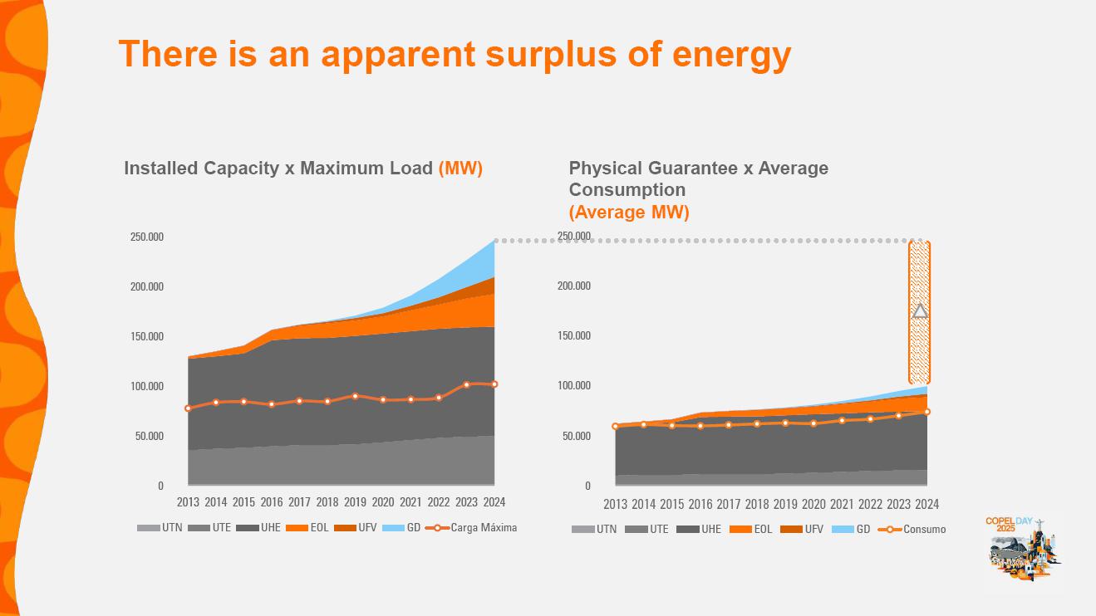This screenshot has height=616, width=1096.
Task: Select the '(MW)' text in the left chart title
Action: coord(460,169)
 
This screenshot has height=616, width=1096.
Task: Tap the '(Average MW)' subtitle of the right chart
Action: coord(629,213)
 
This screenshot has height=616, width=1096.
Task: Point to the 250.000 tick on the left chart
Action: coord(147,237)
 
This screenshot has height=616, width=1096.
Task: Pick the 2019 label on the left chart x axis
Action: coord(355,502)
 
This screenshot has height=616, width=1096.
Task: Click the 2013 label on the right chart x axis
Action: coord(615,504)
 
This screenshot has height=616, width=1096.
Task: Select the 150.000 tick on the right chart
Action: coord(573,336)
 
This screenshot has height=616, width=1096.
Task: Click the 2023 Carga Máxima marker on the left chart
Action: coord(467,384)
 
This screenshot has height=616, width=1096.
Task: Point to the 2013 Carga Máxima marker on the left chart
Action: coord(188,408)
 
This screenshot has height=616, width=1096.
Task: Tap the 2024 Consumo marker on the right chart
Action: coord(927,412)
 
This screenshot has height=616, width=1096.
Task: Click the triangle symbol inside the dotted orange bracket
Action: coord(920,311)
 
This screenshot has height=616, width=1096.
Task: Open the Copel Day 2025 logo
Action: coord(1023,549)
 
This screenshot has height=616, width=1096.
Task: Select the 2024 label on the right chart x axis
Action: coord(927,504)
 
